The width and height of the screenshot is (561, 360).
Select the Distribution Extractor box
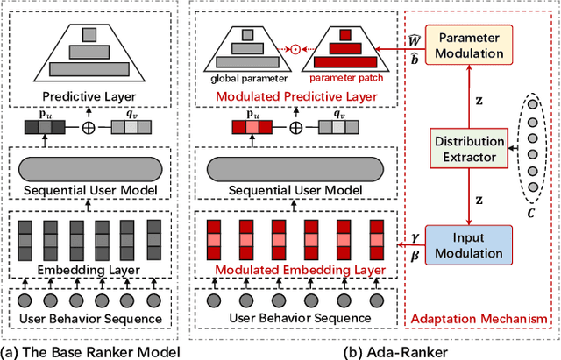(470, 148)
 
